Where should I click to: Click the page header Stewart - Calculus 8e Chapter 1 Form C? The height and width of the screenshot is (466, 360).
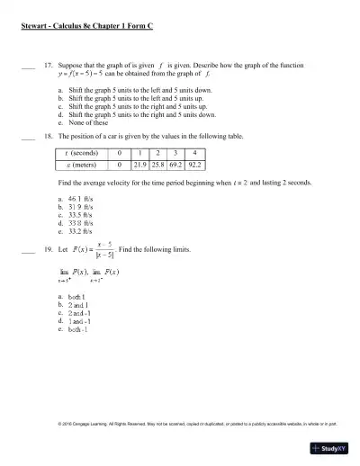click(86, 29)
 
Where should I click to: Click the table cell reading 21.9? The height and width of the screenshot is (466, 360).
click(139, 166)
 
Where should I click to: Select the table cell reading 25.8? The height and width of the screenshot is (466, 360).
click(160, 166)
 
